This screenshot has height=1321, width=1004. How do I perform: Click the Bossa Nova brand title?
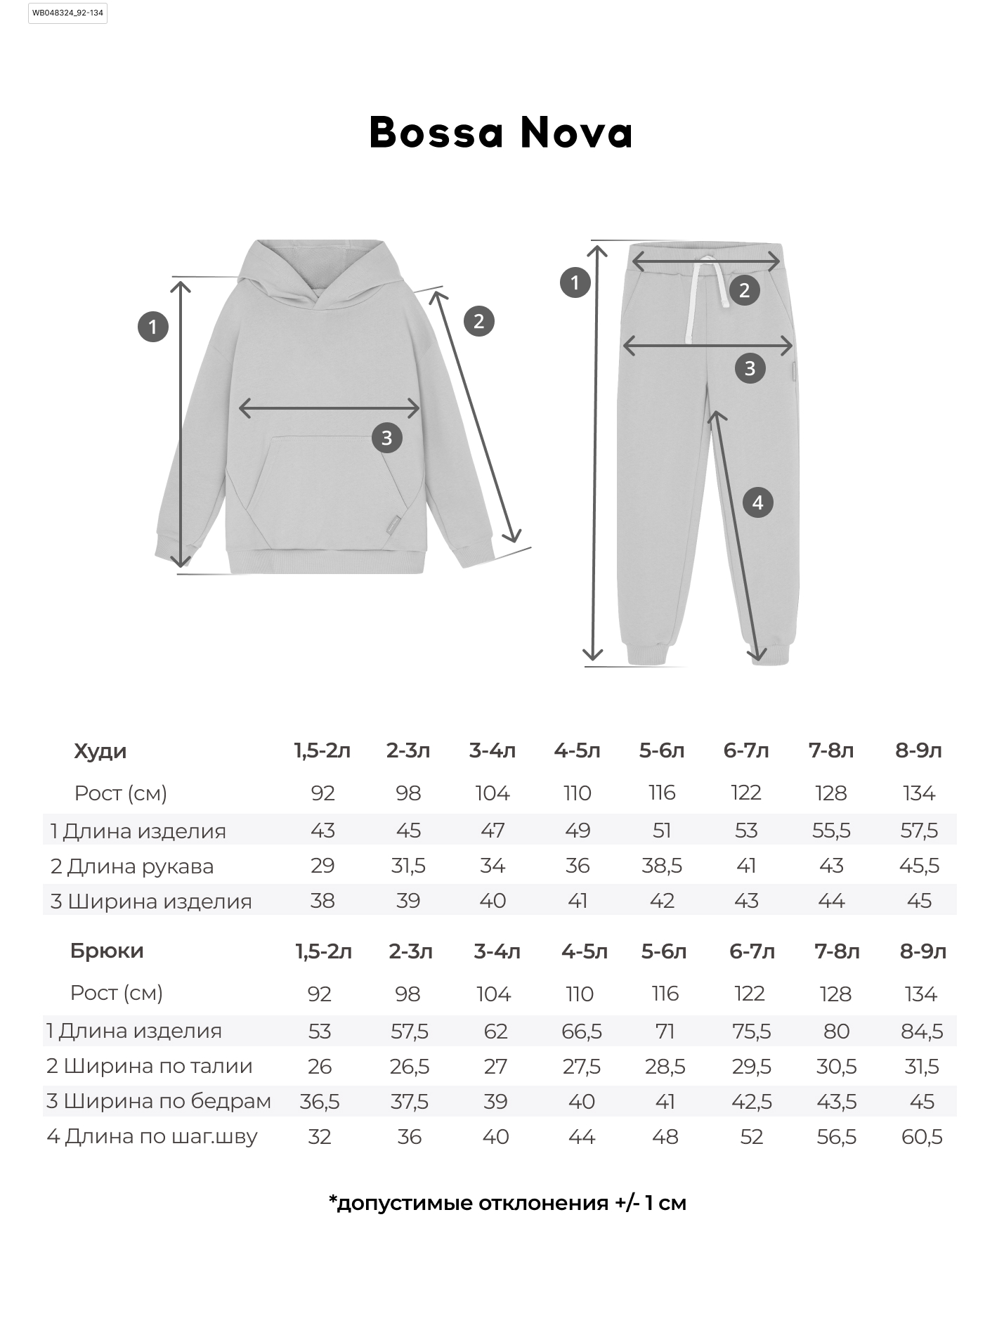tap(501, 131)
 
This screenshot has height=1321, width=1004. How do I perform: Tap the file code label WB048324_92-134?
tap(67, 13)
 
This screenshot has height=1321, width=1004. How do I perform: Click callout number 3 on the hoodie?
tap(386, 438)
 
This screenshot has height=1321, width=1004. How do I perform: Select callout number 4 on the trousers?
tap(757, 502)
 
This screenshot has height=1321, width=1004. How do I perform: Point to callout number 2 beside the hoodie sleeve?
tap(478, 321)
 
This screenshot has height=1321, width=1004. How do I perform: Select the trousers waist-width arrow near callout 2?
tap(706, 261)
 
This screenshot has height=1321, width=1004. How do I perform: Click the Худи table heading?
tap(100, 751)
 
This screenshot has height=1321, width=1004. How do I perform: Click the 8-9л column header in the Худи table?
tap(918, 750)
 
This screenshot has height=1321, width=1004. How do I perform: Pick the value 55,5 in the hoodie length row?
tap(831, 831)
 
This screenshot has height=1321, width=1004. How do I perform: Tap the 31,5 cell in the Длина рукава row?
tap(408, 866)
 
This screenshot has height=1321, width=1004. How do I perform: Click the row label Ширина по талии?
tap(150, 1066)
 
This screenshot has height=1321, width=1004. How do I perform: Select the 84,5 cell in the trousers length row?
tap(922, 1031)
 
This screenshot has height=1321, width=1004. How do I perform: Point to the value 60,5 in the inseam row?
tap(922, 1136)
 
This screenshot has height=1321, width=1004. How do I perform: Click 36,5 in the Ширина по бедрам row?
tap(320, 1101)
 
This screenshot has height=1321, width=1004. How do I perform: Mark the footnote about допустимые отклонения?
tap(507, 1203)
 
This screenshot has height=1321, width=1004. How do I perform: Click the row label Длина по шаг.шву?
tap(152, 1136)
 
